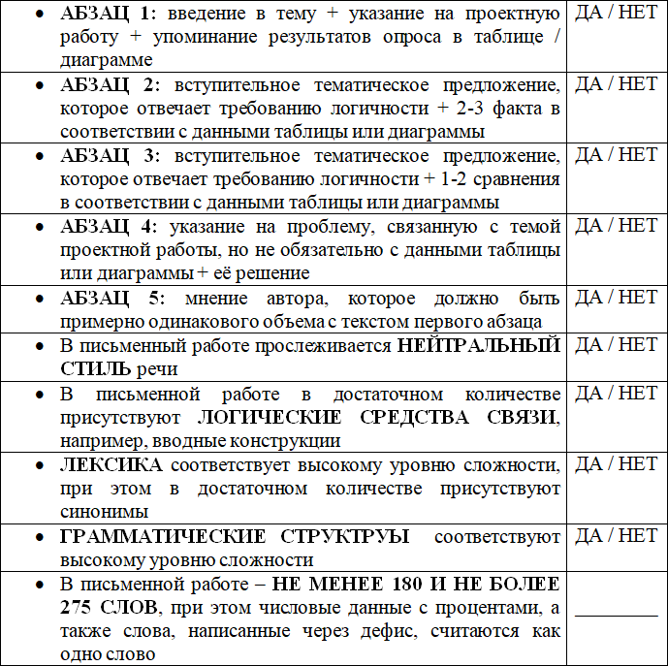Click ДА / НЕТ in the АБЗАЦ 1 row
[616, 14]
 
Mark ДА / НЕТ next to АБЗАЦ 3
[616, 155]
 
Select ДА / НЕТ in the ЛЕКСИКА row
[616, 464]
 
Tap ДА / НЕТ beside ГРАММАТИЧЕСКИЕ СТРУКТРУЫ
[616, 535]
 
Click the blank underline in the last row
[616, 611]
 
